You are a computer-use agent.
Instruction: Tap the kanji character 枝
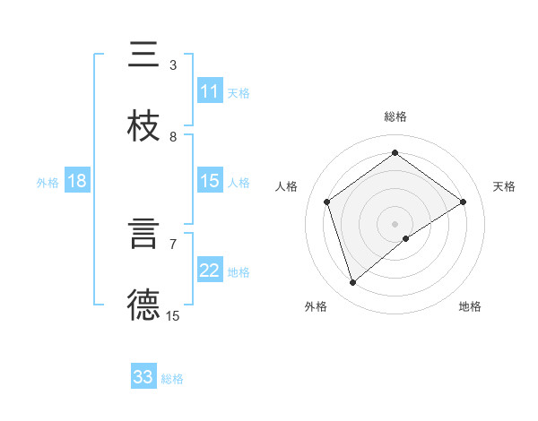click(x=143, y=125)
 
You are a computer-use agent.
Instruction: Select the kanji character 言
click(x=143, y=233)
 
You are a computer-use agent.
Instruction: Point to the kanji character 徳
click(x=143, y=305)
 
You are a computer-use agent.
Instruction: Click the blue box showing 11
click(x=210, y=91)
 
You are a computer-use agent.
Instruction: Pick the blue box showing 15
click(x=210, y=181)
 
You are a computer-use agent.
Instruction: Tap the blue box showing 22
click(x=210, y=271)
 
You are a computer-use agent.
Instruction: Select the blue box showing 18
click(x=77, y=182)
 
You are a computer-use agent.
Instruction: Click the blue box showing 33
click(x=143, y=377)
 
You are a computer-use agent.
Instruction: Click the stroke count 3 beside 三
click(x=173, y=64)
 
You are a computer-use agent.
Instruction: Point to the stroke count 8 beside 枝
click(x=173, y=136)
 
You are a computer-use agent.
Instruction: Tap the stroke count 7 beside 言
click(x=173, y=244)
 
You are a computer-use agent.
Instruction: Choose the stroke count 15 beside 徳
click(x=173, y=315)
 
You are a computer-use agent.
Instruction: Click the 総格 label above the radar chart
click(x=395, y=116)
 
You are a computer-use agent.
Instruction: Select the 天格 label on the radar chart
click(x=504, y=186)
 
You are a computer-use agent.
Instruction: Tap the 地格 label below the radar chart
click(x=470, y=306)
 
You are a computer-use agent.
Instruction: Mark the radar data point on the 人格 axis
click(x=327, y=202)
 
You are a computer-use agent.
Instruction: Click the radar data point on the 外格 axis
click(x=352, y=283)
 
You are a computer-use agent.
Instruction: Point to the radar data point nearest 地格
click(x=406, y=238)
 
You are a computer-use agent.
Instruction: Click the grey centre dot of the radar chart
click(x=395, y=223)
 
